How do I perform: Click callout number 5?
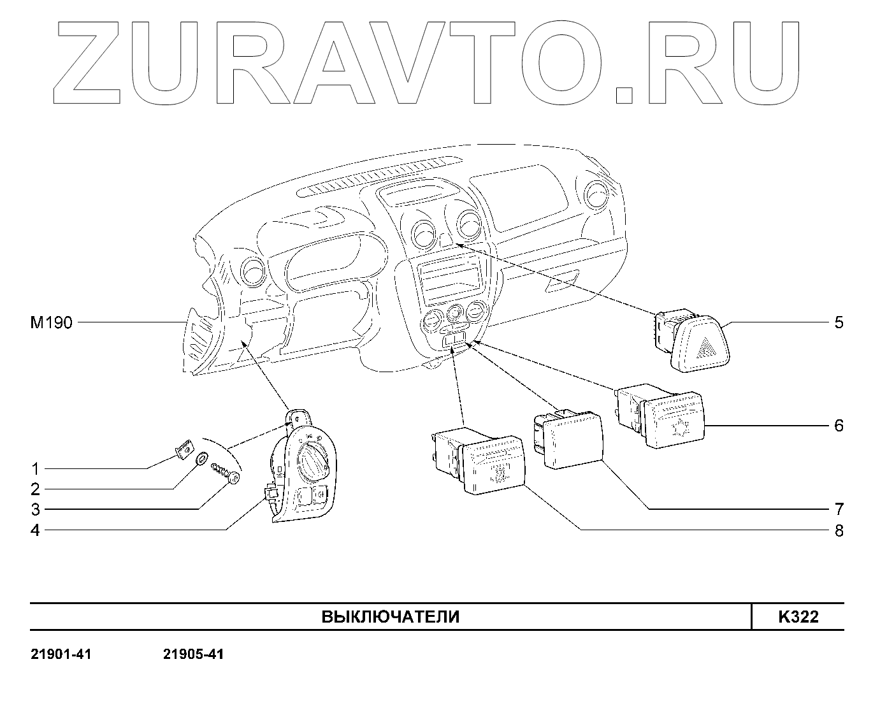[x=839, y=322]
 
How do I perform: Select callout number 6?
[x=839, y=426]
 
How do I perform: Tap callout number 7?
[x=839, y=509]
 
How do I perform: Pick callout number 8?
[x=839, y=530]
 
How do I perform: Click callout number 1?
[x=36, y=469]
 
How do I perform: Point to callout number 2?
[x=36, y=489]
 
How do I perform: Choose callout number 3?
[x=36, y=510]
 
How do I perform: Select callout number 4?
[x=36, y=530]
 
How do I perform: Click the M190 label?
[x=52, y=323]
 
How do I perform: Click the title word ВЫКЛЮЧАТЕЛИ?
[x=390, y=617]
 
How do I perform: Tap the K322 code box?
[x=798, y=617]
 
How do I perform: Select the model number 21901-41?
[x=61, y=654]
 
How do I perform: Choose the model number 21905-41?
[x=194, y=654]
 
